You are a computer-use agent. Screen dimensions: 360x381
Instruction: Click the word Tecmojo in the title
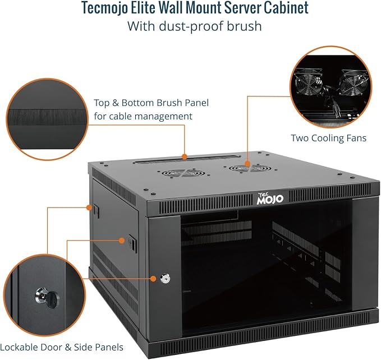tap(106, 9)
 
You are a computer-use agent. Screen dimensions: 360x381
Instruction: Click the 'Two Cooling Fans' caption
tap(328, 137)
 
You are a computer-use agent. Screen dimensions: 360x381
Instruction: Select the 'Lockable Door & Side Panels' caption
tap(62, 347)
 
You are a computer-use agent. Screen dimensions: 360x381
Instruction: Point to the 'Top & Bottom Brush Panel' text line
tap(152, 103)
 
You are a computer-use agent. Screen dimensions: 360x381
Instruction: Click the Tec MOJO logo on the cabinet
tap(270, 197)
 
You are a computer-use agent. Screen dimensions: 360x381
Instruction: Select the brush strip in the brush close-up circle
tap(48, 119)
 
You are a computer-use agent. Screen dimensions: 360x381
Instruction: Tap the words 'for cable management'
tap(143, 116)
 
